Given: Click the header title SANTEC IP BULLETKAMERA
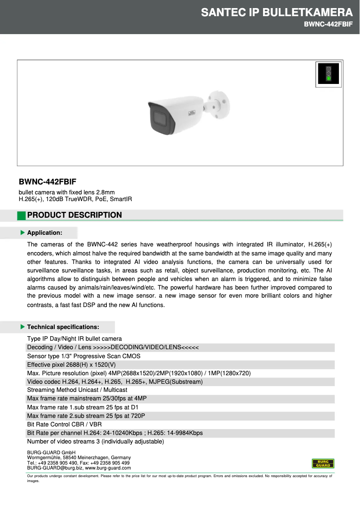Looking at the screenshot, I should pyautogui.click(x=277, y=12).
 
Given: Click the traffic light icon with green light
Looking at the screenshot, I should pyautogui.click(x=328, y=74).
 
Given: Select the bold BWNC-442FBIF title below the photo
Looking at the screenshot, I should pyautogui.click(x=48, y=182).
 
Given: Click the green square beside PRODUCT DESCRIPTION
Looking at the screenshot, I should pyautogui.click(x=22, y=215).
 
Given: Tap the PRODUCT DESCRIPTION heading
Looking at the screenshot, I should pyautogui.click(x=75, y=215).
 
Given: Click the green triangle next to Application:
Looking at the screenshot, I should pyautogui.click(x=22, y=233).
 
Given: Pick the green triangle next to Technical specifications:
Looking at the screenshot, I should pyautogui.click(x=22, y=327).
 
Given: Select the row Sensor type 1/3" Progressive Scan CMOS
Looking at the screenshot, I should pyautogui.click(x=83, y=356).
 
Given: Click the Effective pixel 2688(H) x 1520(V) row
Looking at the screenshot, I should pyautogui.click(x=71, y=364).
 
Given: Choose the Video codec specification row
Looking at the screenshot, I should pyautogui.click(x=115, y=382).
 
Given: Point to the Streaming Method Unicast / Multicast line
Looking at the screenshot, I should pyautogui.click(x=77, y=390).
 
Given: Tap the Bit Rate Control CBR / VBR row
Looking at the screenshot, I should pyautogui.click(x=64, y=424).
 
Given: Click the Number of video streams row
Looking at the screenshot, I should pyautogui.click(x=95, y=441).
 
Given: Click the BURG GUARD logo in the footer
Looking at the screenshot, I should pyautogui.click(x=323, y=463).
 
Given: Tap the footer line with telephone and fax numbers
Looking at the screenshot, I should pyautogui.click(x=79, y=463).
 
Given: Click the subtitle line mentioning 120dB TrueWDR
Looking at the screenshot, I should pyautogui.click(x=75, y=199).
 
